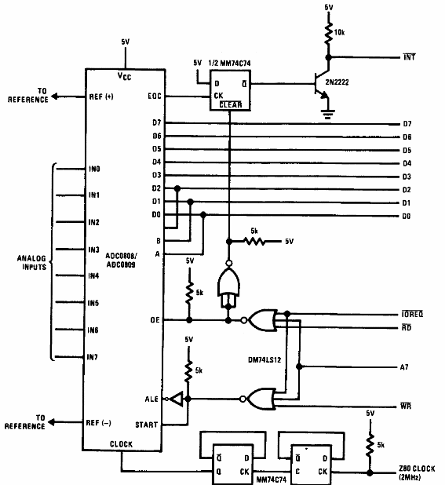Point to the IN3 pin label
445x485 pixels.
[x=93, y=249]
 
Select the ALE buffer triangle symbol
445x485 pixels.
[x=177, y=399]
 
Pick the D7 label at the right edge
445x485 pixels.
[x=407, y=123]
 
